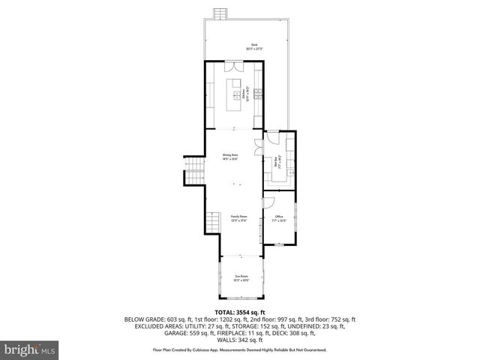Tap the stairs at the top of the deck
click(x=220, y=15)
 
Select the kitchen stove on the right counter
click(x=258, y=94)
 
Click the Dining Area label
click(x=229, y=156)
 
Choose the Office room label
click(x=278, y=219)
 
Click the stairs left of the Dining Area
click(x=195, y=172)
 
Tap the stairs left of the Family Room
click(x=211, y=222)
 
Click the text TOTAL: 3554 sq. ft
click(x=240, y=311)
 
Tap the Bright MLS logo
click(x=30, y=349)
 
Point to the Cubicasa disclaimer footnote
click(x=240, y=349)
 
